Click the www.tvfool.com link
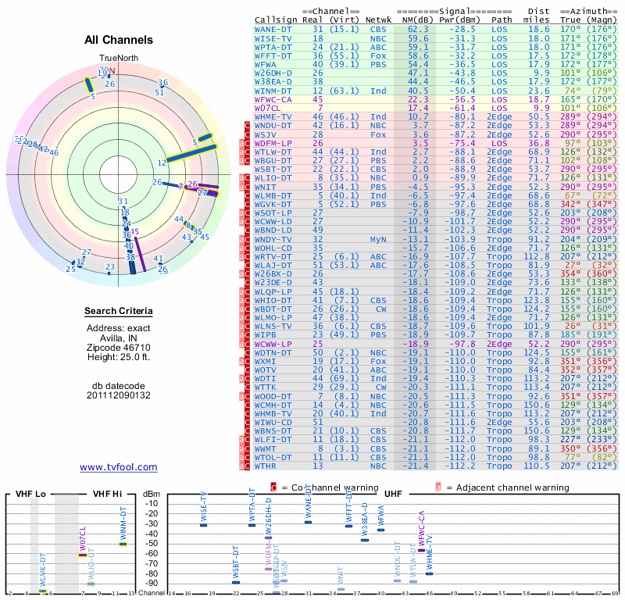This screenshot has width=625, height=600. coord(119,467)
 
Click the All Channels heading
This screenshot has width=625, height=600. coord(119,40)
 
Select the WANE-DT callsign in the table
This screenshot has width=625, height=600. coord(273,29)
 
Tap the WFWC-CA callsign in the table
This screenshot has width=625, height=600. coord(273,99)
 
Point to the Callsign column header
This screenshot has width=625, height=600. coord(277,19)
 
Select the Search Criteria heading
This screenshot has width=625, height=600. coord(119,312)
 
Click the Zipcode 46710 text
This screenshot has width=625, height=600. coord(119,346)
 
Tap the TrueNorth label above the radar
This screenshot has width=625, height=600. coord(118,59)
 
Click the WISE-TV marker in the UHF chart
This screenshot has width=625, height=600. coord(203,524)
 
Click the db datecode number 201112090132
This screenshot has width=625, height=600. coord(119,395)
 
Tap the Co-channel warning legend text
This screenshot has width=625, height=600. coord(323,487)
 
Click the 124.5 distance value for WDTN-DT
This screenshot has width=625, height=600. coord(537,352)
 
